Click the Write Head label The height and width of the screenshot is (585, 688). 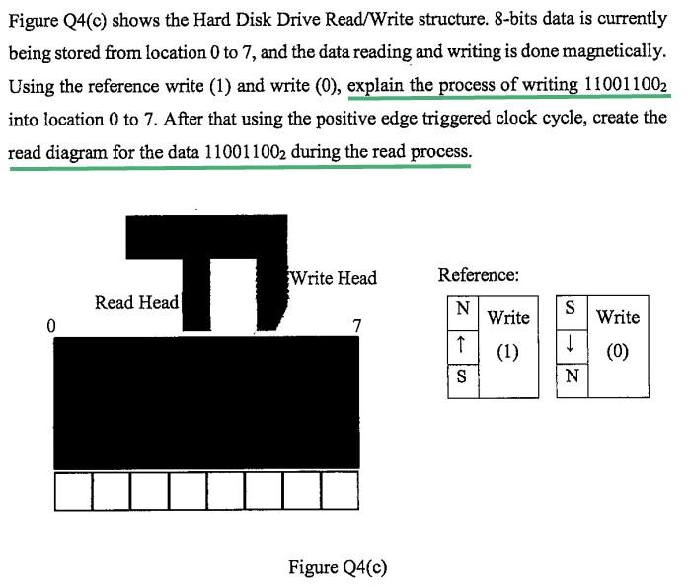click(x=334, y=278)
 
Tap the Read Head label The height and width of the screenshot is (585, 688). click(x=136, y=302)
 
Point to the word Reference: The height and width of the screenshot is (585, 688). click(x=479, y=275)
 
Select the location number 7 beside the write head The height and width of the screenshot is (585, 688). click(x=356, y=325)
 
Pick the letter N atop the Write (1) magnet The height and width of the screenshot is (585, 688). click(x=461, y=309)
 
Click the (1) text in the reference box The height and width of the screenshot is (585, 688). click(x=508, y=352)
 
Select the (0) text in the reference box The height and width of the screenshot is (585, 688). click(x=618, y=352)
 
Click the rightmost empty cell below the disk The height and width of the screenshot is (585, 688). click(x=340, y=491)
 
